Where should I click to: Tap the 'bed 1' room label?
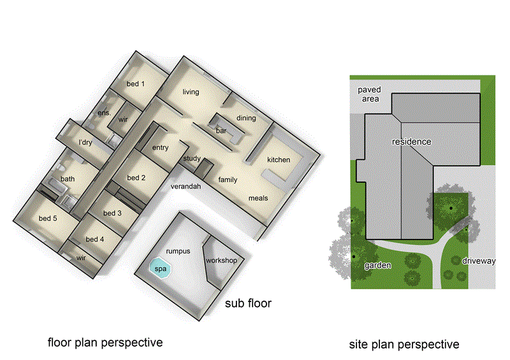coord(135,84)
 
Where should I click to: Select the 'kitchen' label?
coord(279,160)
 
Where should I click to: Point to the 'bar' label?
coord(221,131)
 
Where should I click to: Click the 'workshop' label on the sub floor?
coord(221,261)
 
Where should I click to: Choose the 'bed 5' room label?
coord(48,219)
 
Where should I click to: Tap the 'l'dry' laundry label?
coord(85,143)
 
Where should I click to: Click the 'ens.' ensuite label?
coord(104,113)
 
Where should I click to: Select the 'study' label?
coord(192,159)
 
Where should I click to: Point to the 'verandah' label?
coord(186,187)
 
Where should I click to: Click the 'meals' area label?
coord(258,198)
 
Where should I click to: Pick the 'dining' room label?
coord(246,118)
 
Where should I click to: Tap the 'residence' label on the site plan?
coord(411,141)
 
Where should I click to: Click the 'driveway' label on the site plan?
coord(478,261)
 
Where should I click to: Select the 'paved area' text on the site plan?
coord(368,94)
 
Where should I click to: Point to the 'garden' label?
coord(377,265)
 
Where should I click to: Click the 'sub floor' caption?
coord(249,303)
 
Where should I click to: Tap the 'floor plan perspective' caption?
coord(105,343)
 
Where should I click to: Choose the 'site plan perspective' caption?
coord(404,345)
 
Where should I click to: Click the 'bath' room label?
coord(68,180)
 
